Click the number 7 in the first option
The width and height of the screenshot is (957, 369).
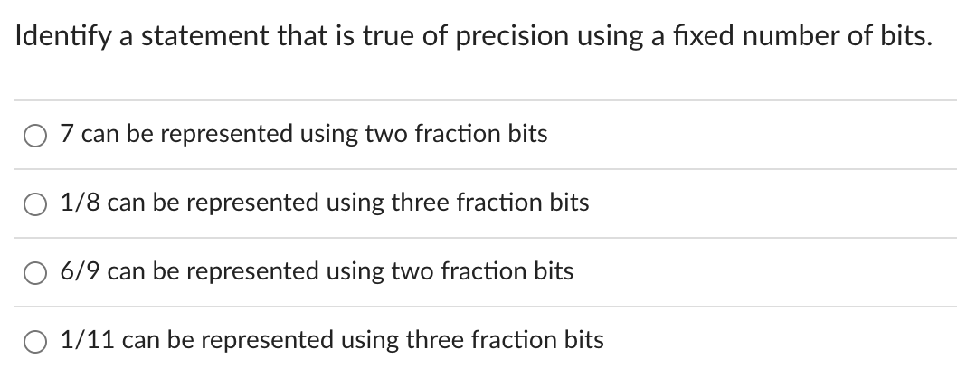pos(66,134)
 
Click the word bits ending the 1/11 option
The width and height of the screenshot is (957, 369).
pos(584,340)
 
